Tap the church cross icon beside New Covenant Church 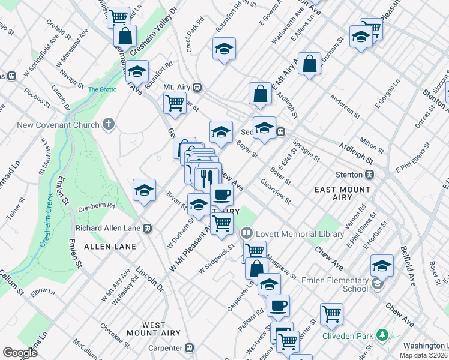point(108,125)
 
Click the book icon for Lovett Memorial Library point(246,232)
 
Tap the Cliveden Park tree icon point(381,335)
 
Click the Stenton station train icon point(370,175)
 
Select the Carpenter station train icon point(190,347)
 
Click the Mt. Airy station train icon point(196,87)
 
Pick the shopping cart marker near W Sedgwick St point(222,223)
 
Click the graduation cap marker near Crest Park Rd point(224,49)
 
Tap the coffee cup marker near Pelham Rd point(278,305)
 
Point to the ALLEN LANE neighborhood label point(110,247)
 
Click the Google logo point(20,353)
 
